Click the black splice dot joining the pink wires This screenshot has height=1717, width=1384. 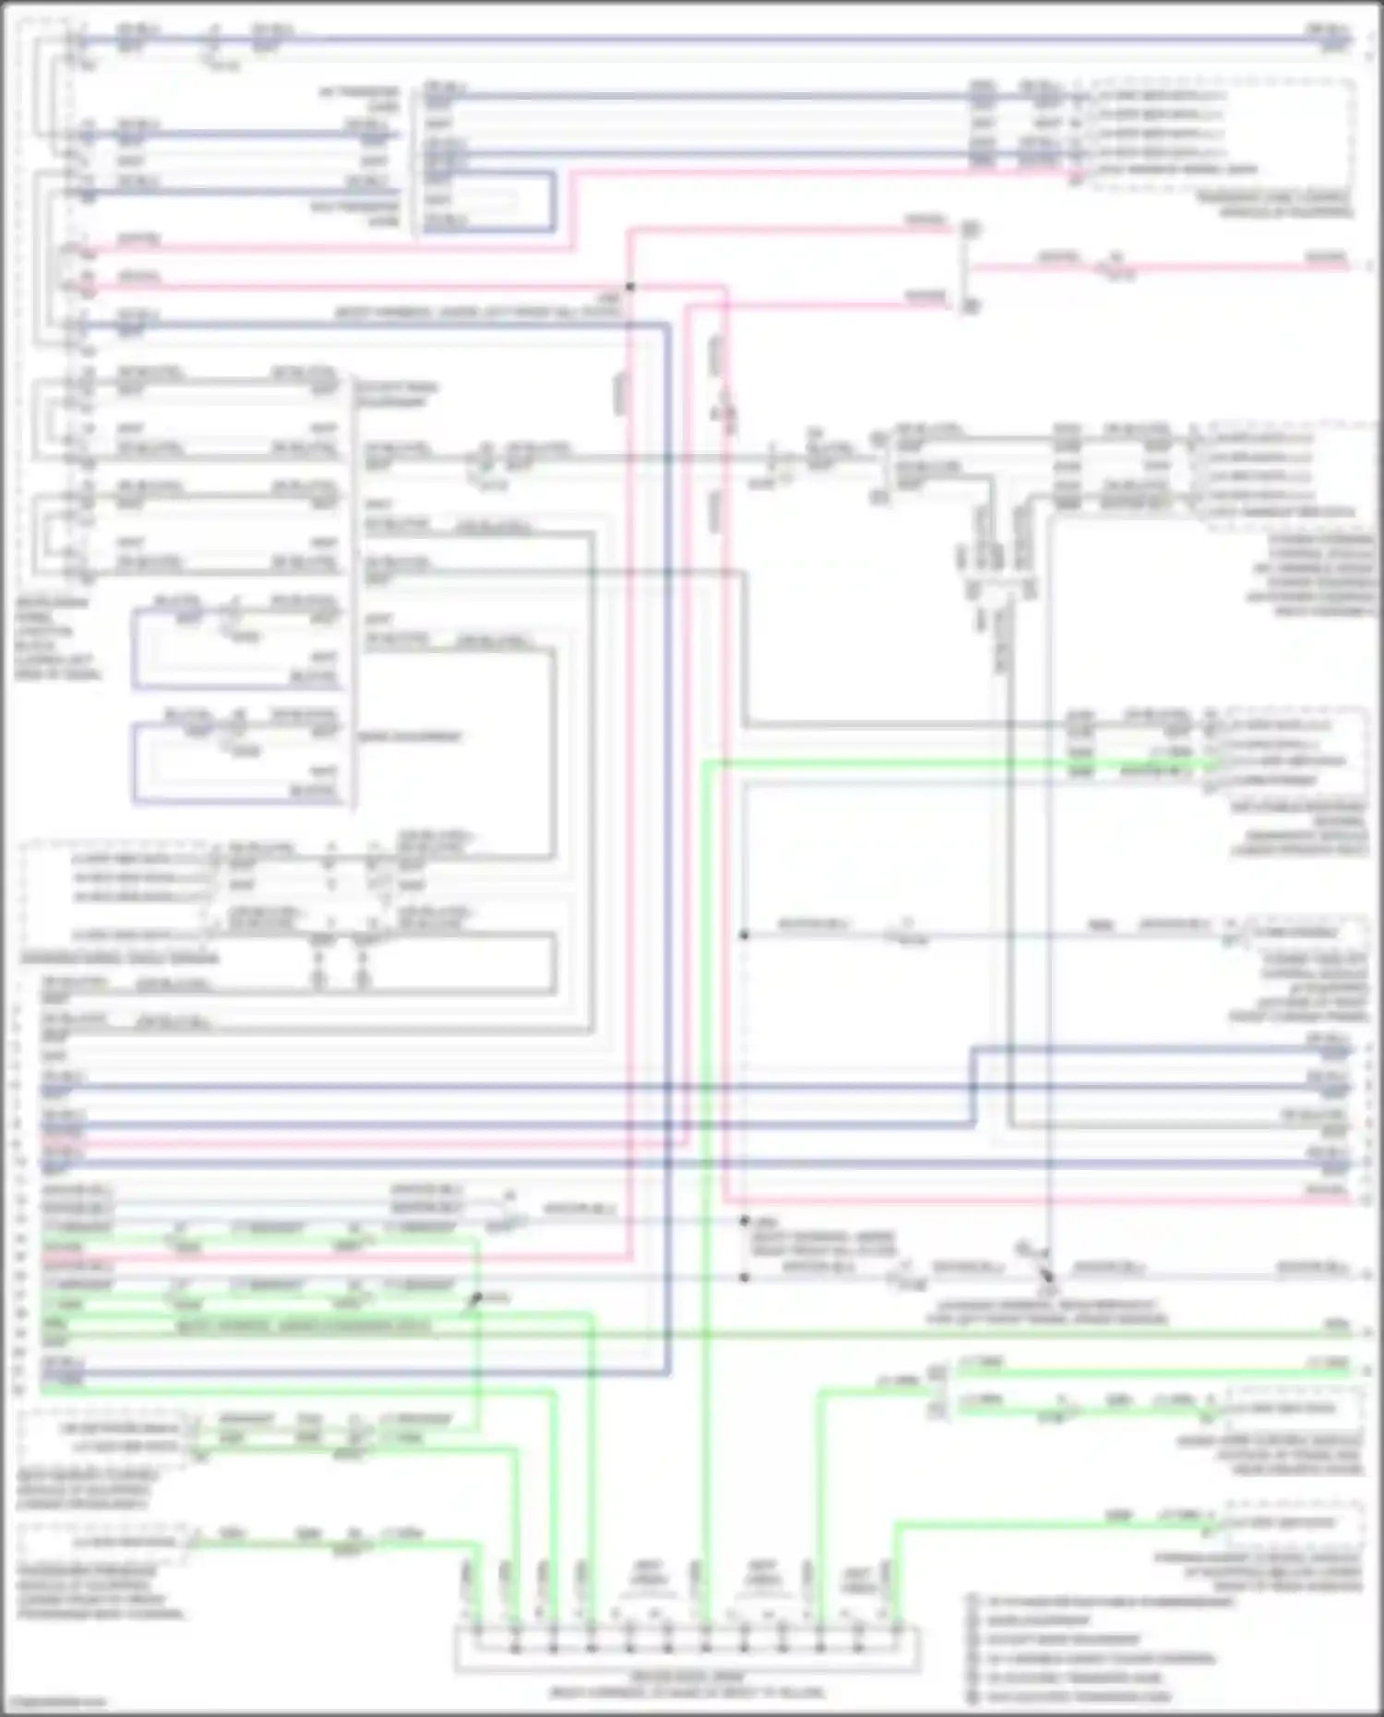click(630, 287)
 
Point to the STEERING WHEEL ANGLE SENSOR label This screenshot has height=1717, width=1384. click(120, 959)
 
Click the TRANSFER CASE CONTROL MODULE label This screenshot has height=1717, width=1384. click(1286, 205)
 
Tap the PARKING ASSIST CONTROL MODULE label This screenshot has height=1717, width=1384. click(1259, 1572)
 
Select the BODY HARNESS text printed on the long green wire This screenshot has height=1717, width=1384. click(304, 1327)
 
